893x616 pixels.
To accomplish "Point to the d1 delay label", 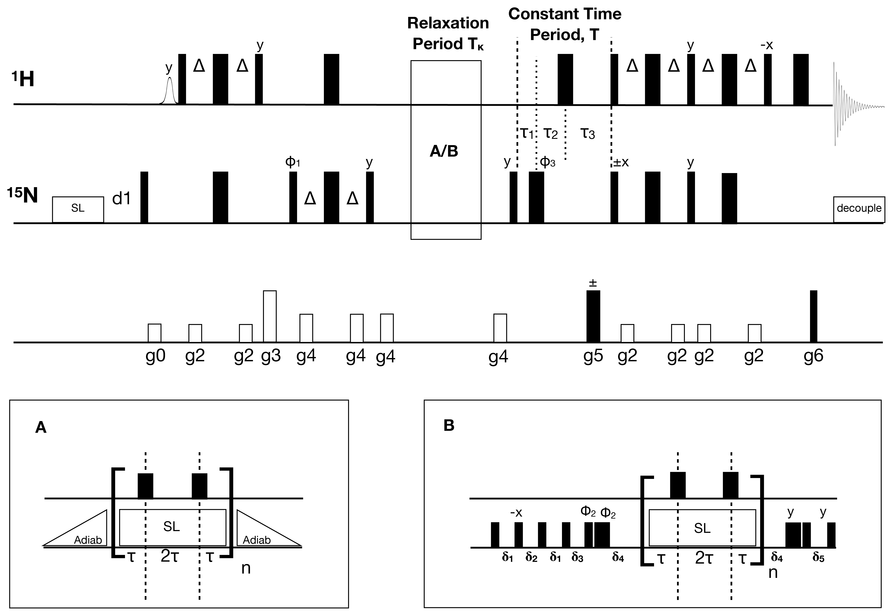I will pos(121,198).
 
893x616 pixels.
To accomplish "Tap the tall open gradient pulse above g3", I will pos(270,316).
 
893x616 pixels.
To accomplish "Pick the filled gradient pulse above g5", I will pos(593,316).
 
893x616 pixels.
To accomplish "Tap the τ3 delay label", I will pos(588,133).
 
